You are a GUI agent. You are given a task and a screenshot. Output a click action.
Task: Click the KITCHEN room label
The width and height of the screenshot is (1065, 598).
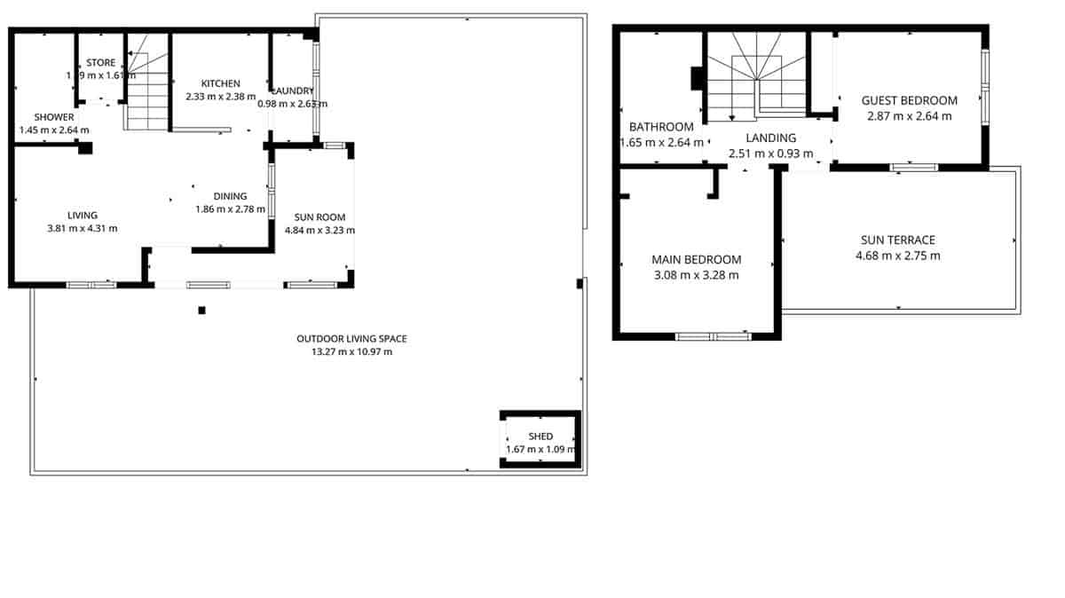coord(220,83)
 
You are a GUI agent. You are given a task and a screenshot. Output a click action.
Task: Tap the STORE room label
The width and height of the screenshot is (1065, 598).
coord(100,63)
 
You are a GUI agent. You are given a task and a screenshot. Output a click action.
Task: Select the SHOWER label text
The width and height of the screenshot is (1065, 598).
coord(54,117)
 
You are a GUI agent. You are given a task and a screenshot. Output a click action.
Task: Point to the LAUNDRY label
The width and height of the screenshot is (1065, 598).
coord(292,90)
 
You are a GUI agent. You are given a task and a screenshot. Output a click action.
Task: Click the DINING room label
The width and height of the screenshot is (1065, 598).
coord(230,197)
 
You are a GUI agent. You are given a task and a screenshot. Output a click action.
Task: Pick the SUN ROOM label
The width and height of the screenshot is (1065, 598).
coord(319,217)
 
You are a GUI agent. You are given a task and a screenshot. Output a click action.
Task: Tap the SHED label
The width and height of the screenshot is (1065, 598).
coord(540,437)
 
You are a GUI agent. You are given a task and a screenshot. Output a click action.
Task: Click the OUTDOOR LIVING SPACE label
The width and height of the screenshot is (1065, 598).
coord(351,339)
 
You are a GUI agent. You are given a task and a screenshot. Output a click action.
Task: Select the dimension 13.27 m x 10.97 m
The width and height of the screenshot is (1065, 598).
coord(351,352)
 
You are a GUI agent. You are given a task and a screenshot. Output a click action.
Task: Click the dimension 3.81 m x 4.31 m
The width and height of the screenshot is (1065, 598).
coord(82,228)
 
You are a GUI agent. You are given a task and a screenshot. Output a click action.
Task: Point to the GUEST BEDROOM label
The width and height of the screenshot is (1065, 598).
coord(910,101)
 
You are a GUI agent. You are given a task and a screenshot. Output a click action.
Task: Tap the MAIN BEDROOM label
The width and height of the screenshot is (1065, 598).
coord(696,260)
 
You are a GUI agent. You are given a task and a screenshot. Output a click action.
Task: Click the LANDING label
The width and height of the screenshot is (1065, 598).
coord(770,138)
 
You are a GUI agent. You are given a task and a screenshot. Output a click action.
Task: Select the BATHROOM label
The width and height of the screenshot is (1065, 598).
coord(661,127)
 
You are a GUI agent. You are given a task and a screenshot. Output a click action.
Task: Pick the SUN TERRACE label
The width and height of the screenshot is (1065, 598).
coord(898,240)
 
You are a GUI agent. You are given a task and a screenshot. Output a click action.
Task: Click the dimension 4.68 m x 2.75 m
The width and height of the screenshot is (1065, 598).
coord(898,256)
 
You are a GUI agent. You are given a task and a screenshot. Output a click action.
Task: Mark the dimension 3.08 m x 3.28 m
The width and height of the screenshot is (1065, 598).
coord(696,275)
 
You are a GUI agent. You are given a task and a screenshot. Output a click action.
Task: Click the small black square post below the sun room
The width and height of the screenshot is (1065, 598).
coord(202,311)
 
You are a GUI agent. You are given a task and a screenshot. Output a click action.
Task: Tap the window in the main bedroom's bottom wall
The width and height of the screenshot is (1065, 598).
coord(714,336)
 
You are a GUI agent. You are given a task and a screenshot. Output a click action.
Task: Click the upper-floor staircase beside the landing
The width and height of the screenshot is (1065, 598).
coord(755,80)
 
